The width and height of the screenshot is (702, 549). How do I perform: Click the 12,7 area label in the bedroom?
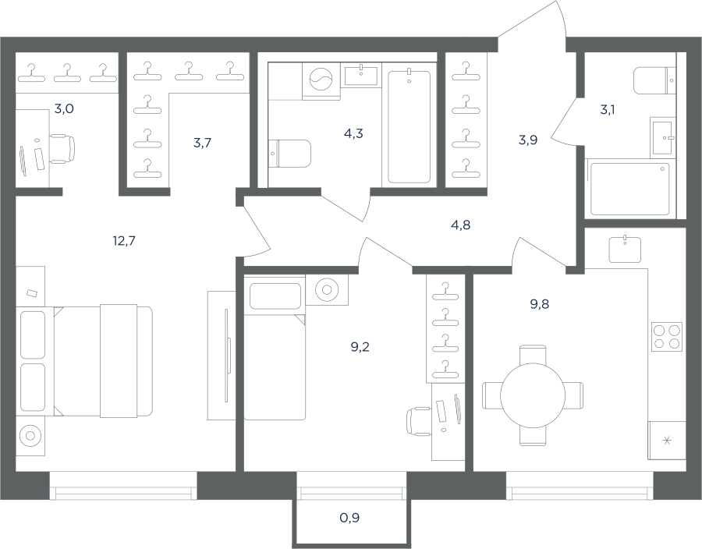click(124, 241)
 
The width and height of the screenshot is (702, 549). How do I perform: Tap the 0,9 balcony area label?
click(349, 518)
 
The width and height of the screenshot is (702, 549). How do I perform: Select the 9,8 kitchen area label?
click(540, 304)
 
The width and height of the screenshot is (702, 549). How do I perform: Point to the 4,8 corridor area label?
click(461, 225)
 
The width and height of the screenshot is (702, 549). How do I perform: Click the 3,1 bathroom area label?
click(607, 109)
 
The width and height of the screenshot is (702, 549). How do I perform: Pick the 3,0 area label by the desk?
click(64, 108)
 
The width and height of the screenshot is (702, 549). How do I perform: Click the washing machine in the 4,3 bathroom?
click(321, 81)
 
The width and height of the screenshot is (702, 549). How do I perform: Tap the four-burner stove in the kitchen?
click(667, 336)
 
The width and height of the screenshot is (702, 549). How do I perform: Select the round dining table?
click(533, 395)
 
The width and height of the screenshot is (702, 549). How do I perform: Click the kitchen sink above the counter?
click(625, 250)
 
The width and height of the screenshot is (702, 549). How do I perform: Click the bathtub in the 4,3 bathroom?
click(409, 126)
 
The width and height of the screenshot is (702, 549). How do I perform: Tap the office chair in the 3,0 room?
click(62, 148)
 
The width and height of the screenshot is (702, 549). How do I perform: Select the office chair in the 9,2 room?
click(419, 421)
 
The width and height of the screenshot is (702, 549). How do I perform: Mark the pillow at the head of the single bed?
click(275, 296)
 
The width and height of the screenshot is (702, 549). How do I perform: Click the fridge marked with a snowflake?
click(667, 441)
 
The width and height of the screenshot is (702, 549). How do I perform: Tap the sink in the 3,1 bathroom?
click(662, 138)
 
